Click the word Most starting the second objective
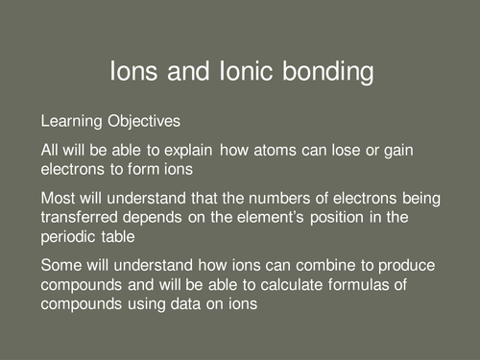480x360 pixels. coord(56,199)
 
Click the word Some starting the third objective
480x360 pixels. coord(59,266)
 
